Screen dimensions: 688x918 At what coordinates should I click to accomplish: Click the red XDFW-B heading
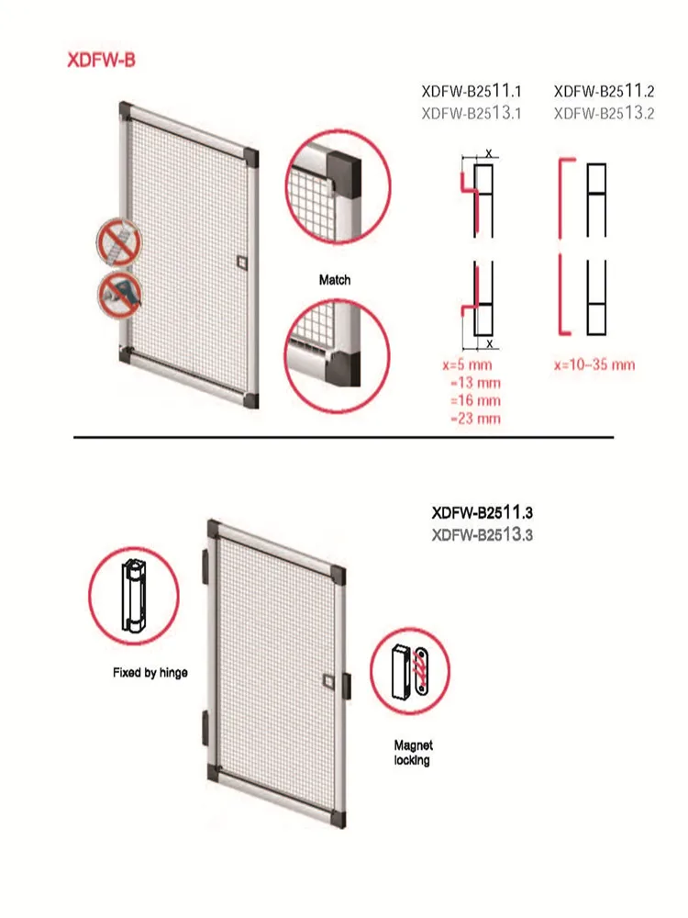click(x=101, y=61)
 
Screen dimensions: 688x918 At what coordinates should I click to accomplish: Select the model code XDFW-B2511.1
click(x=471, y=91)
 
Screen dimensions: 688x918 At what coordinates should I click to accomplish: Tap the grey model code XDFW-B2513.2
click(x=604, y=113)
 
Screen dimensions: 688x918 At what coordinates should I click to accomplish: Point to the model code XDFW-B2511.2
click(x=604, y=91)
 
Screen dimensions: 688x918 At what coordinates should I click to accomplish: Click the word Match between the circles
click(x=335, y=280)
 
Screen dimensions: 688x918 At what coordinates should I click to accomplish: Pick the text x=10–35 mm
click(x=594, y=364)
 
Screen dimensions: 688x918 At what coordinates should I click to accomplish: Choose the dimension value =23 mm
click(x=475, y=419)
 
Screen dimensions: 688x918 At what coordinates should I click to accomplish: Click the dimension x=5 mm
click(x=468, y=364)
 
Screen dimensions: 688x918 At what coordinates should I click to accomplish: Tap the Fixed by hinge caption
click(x=150, y=673)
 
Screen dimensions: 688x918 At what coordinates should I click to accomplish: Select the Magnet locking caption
click(x=413, y=753)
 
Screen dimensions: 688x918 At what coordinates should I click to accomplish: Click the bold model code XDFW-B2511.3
click(x=483, y=513)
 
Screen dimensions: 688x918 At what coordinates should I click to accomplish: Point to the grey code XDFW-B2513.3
click(x=483, y=534)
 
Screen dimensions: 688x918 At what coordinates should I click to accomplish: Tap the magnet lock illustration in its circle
click(x=411, y=671)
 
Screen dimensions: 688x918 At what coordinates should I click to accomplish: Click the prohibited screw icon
click(x=119, y=241)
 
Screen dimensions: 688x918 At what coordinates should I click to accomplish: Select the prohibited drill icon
click(x=120, y=295)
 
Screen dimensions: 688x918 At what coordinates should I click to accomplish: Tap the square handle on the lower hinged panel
click(x=328, y=681)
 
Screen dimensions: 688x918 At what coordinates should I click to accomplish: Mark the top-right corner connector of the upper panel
click(x=251, y=158)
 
